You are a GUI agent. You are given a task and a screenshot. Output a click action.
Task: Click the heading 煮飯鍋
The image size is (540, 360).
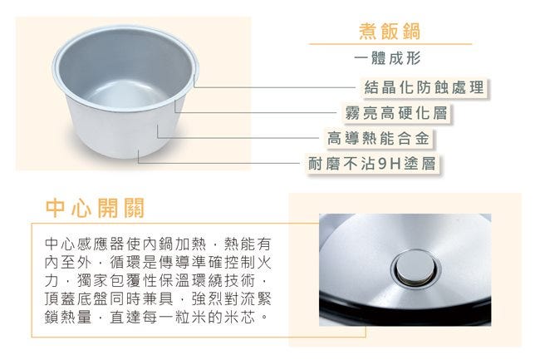point(390,32)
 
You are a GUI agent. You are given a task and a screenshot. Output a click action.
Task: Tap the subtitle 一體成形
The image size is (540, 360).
point(387,58)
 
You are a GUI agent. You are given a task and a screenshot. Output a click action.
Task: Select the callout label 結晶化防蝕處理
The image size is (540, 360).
point(425,87)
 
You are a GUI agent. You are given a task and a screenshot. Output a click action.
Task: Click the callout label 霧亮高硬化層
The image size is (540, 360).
point(396,112)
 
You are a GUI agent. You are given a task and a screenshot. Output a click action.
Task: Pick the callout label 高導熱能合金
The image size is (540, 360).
point(379,138)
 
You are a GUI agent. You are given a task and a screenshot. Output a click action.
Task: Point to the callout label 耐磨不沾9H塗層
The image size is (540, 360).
point(372,163)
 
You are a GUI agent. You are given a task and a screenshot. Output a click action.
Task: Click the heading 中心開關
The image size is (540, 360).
point(95,208)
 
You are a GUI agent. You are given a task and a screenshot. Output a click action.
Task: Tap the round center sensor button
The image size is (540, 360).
point(415,269)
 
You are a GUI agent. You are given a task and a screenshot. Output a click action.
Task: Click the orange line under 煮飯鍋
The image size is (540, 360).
point(390,44)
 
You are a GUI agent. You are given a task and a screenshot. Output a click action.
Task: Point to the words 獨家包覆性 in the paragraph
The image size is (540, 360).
point(117,280)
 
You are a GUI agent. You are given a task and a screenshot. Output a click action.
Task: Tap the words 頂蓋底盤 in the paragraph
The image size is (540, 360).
point(76,298)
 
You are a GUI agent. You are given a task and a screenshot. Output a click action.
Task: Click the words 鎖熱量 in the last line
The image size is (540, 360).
point(68,317)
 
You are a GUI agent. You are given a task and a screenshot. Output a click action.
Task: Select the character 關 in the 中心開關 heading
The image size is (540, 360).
point(134,208)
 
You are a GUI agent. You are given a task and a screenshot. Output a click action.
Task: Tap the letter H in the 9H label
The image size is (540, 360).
point(395,164)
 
